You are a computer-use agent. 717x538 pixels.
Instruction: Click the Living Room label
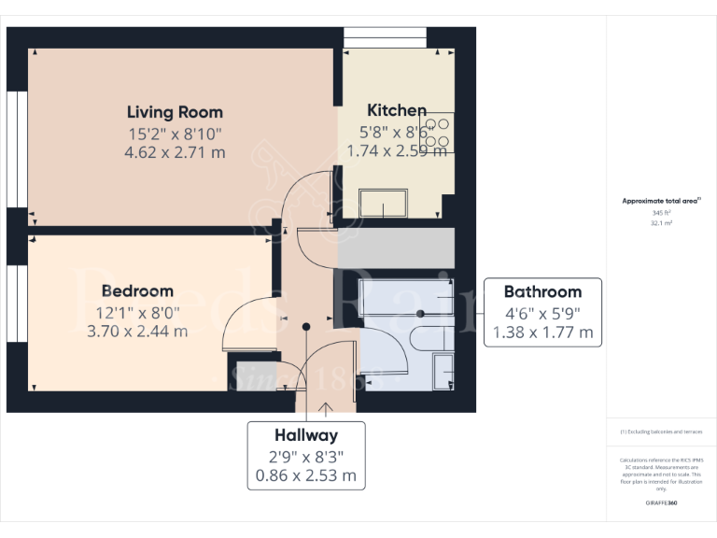pos(175,113)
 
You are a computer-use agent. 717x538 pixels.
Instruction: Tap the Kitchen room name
pos(397,110)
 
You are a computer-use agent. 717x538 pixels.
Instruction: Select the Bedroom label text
pos(137,290)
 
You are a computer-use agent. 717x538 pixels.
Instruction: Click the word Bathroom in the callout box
pos(542,291)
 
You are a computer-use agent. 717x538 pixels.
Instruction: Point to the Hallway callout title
pos(306,435)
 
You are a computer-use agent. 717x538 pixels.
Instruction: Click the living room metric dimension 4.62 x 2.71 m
pos(175,152)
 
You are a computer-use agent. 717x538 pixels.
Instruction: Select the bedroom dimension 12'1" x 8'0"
pos(137,311)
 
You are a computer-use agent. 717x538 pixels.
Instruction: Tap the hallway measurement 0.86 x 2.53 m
pos(306,474)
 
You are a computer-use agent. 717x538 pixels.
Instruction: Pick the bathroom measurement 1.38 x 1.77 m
pos(542,332)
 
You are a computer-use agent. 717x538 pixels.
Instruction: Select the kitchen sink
pos(383,203)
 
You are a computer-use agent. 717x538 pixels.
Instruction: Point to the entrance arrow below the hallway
pos(326,407)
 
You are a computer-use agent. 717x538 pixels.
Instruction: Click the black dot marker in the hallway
pos(306,326)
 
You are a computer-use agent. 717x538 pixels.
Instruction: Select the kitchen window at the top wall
pos(385,37)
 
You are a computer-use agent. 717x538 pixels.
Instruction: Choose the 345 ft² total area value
pos(662,213)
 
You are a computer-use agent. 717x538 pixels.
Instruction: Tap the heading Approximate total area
pos(661,201)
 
